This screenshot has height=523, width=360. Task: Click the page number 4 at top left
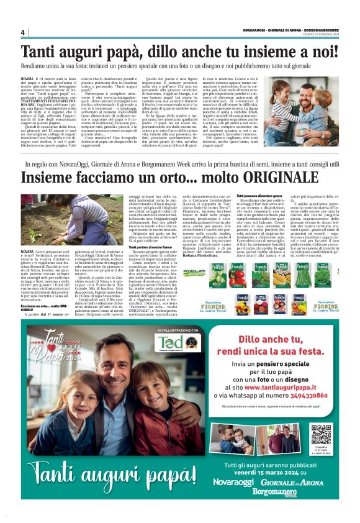[23, 32]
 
